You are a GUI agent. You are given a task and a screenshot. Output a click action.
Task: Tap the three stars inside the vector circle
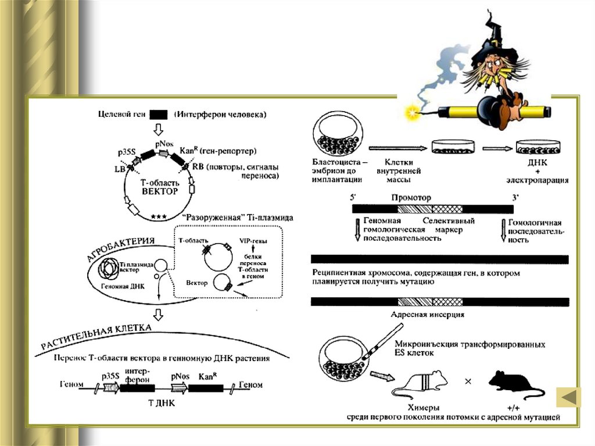click(158, 216)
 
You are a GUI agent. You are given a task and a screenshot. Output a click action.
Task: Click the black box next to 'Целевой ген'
click(159, 115)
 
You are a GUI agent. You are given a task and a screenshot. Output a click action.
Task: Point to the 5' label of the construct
click(354, 198)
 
